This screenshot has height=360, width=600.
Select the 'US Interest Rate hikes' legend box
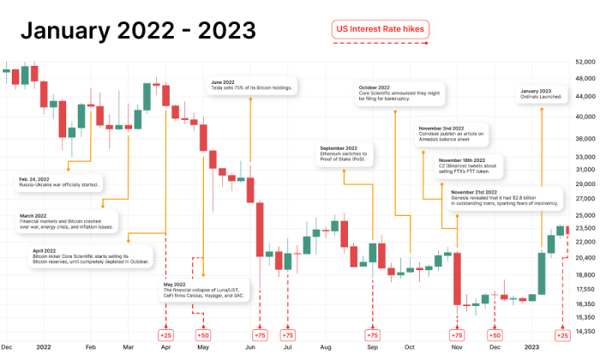pyautogui.click(x=380, y=29)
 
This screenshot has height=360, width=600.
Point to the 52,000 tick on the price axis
pyautogui.click(x=585, y=63)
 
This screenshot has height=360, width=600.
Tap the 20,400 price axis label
pyautogui.click(x=585, y=257)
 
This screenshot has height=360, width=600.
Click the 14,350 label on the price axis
pyautogui.click(x=585, y=332)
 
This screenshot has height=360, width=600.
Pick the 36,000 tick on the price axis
pyautogui.click(x=585, y=139)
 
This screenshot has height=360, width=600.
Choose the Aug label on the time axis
pyautogui.click(x=326, y=348)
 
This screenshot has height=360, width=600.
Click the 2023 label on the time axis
pyautogui.click(x=532, y=348)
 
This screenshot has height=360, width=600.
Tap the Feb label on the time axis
pyautogui.click(x=91, y=348)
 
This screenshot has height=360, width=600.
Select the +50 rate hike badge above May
pyautogui.click(x=203, y=334)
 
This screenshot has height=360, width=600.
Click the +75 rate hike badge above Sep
pyautogui.click(x=372, y=334)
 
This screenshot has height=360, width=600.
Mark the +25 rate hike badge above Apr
pyautogui.click(x=165, y=334)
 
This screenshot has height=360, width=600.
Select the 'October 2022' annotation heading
pyautogui.click(x=374, y=87)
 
